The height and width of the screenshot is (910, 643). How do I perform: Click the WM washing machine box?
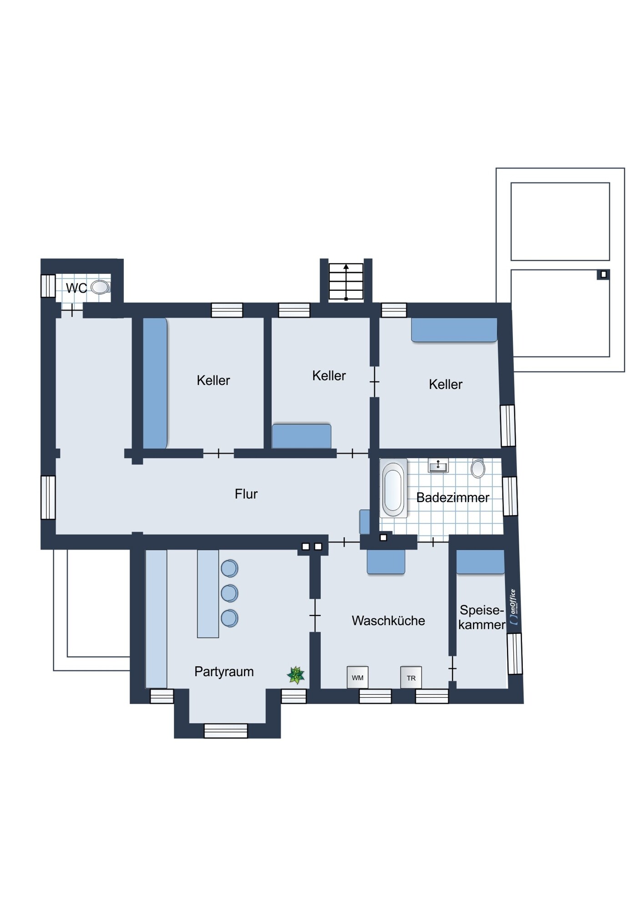(x=357, y=677)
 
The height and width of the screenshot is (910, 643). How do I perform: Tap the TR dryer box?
(x=411, y=677)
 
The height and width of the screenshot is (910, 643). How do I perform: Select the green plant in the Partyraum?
(x=296, y=675)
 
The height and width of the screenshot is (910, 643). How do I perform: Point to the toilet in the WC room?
(x=100, y=287)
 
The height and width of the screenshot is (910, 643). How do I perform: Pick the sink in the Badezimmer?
(x=438, y=465)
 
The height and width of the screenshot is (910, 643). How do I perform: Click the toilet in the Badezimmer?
(x=478, y=468)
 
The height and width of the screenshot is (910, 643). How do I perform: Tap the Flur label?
(x=246, y=494)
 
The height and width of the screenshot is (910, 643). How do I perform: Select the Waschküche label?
(x=388, y=621)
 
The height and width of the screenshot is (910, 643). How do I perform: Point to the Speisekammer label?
(x=482, y=617)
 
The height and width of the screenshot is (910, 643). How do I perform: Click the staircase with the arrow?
(x=346, y=282)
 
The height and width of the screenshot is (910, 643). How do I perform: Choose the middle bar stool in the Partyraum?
(x=229, y=593)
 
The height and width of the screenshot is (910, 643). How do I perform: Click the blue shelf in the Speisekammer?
(x=480, y=562)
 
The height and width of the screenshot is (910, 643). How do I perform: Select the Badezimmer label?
(x=453, y=498)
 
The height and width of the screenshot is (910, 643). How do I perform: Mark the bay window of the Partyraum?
(x=226, y=731)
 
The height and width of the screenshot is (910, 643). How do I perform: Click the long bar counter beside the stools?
(x=208, y=594)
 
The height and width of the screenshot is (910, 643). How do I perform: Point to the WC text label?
(x=76, y=288)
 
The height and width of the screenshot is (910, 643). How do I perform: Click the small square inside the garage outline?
(x=603, y=274)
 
